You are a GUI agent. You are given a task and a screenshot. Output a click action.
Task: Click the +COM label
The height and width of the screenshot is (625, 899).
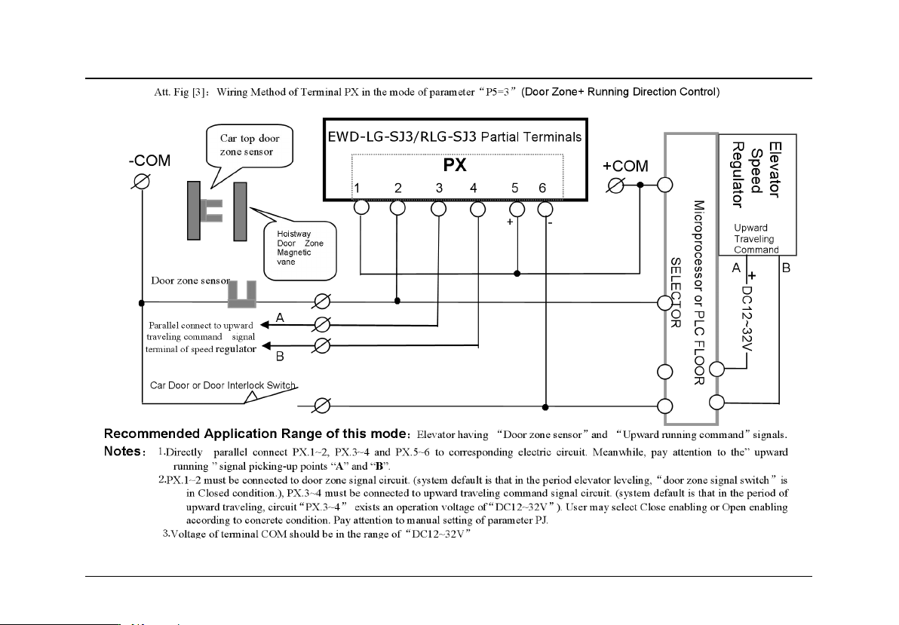625,167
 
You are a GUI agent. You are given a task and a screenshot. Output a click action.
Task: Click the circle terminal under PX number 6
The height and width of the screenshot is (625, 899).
545,207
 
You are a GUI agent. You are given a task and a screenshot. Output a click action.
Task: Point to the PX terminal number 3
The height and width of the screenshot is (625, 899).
438,188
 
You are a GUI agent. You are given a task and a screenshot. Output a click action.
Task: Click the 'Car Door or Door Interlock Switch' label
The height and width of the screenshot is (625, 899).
222,385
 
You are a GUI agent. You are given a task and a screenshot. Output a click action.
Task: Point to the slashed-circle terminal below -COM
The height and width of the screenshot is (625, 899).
140,182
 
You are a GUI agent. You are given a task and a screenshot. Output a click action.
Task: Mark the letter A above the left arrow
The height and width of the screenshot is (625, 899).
280,319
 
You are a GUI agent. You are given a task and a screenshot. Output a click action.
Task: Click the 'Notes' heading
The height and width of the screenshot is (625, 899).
124,452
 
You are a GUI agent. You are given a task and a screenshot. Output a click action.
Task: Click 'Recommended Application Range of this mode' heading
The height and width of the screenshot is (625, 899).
256,434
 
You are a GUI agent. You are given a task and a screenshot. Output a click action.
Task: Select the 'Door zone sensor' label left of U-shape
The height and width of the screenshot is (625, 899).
189,280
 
